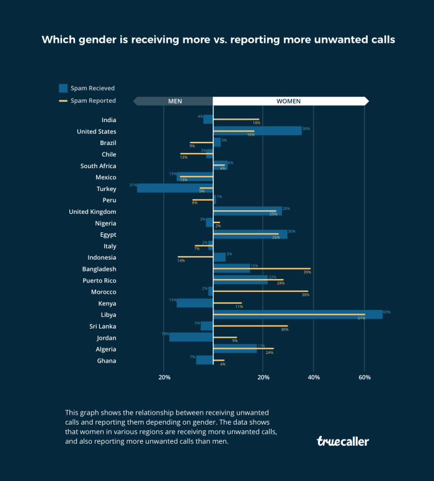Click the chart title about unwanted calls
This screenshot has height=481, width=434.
(x=218, y=40)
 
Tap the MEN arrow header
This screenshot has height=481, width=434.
(x=174, y=100)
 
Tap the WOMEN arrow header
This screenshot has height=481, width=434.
(x=288, y=100)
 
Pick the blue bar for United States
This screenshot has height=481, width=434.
(x=257, y=131)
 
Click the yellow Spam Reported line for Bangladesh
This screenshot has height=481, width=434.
(x=262, y=268)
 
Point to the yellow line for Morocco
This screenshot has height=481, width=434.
(x=260, y=291)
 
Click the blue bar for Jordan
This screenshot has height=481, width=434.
(x=191, y=337)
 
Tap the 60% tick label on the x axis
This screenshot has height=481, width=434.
(x=365, y=377)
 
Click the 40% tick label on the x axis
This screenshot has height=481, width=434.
(x=314, y=377)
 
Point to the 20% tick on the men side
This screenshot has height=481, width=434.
(x=164, y=377)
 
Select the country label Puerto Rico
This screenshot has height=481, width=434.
(x=99, y=280)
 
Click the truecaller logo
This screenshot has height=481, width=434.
(x=343, y=441)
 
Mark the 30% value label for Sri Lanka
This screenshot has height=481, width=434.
(x=285, y=330)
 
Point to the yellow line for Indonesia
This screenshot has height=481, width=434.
(x=195, y=257)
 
